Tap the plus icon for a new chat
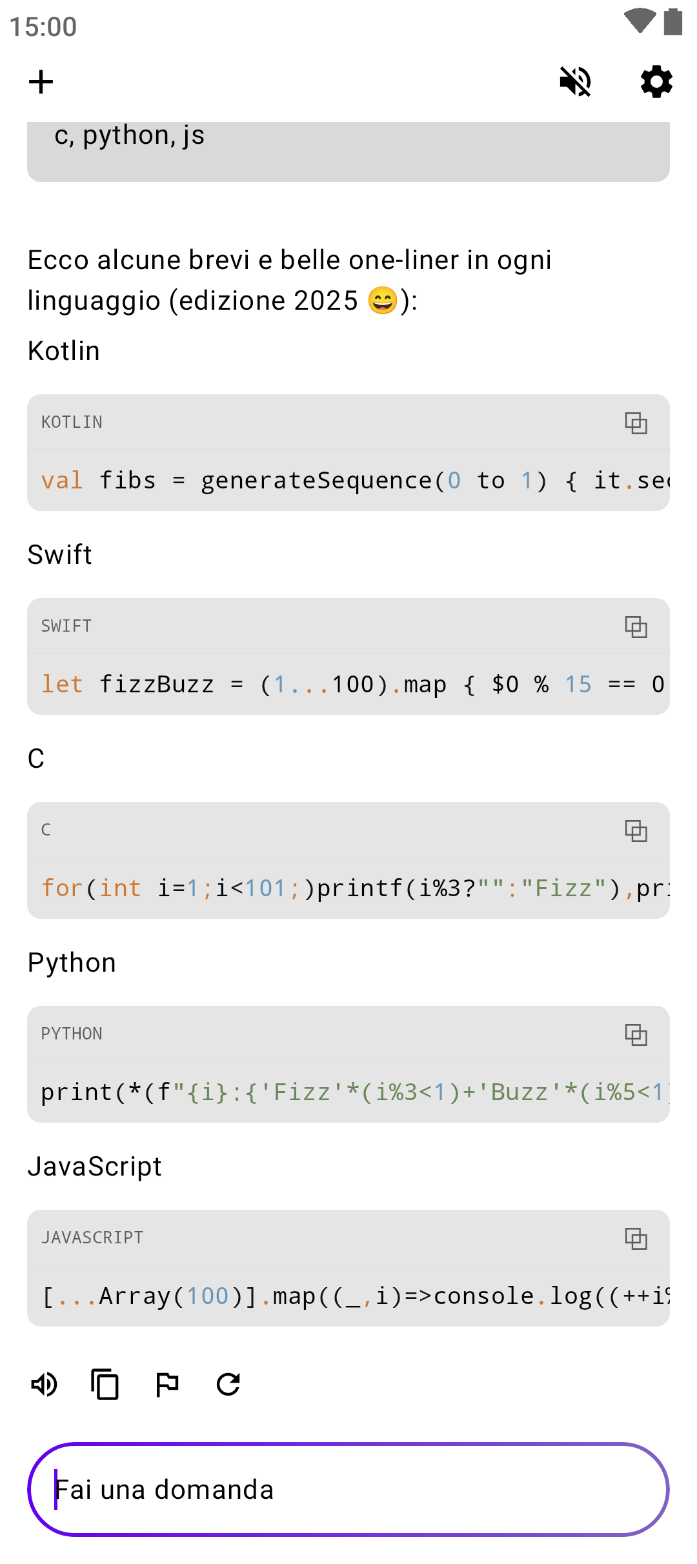pyautogui.click(x=41, y=82)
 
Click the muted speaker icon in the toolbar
pyautogui.click(x=575, y=82)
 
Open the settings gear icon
pyautogui.click(x=656, y=82)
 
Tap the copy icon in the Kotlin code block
pyautogui.click(x=636, y=423)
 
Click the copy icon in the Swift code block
pyautogui.click(x=636, y=627)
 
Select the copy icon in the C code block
pyautogui.click(x=636, y=830)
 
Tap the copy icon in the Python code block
pyautogui.click(x=636, y=1034)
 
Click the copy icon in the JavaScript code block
pyautogui.click(x=636, y=1238)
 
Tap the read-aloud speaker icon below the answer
pyautogui.click(x=45, y=1384)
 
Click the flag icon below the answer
pyautogui.click(x=167, y=1384)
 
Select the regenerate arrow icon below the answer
pyautogui.click(x=228, y=1384)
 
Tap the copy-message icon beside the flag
pyautogui.click(x=105, y=1384)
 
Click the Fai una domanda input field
pyautogui.click(x=348, y=1489)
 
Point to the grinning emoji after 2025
pyautogui.click(x=383, y=301)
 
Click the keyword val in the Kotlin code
pyautogui.click(x=62, y=481)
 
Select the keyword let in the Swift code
pyautogui.click(x=62, y=685)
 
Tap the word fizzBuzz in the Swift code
pyautogui.click(x=156, y=685)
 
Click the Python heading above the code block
pyautogui.click(x=72, y=963)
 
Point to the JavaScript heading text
pyautogui.click(x=94, y=1167)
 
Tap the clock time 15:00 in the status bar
pyautogui.click(x=43, y=27)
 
